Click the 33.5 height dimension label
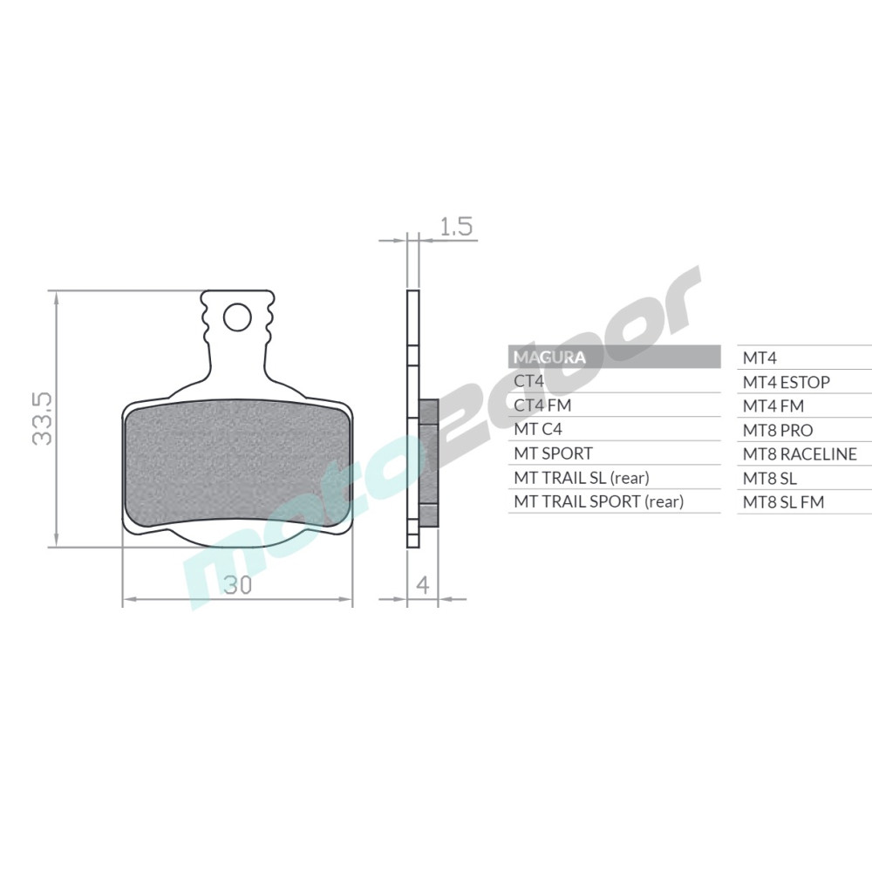pos(42,419)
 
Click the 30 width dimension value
pos(237,585)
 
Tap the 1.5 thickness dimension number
pos(456,227)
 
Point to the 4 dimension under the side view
pos(423,585)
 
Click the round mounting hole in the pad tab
pos(237,317)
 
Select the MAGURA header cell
pos(614,357)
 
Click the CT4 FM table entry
pos(542,405)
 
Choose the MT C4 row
pos(538,429)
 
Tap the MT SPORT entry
pos(554,453)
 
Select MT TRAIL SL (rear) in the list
pos(582,478)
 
